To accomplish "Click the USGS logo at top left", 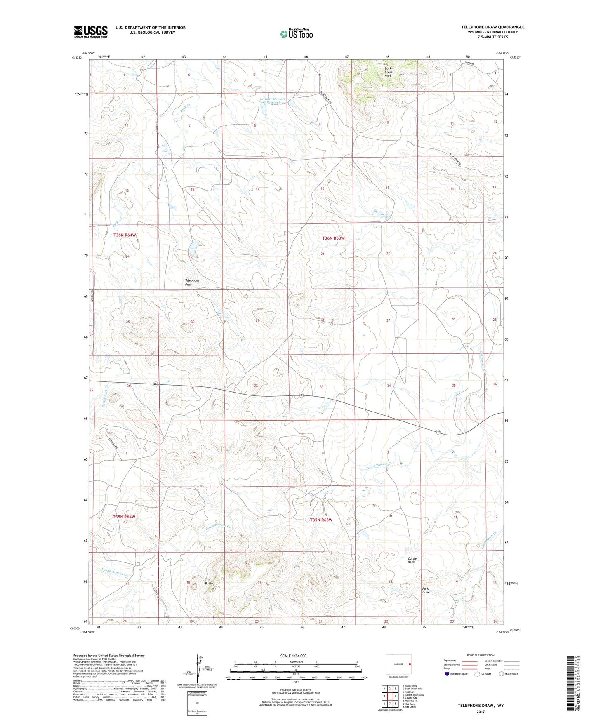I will coord(91,31).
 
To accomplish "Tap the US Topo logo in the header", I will coord(296,34).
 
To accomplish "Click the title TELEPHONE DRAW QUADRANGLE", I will coord(492,27).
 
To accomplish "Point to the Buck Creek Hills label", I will coord(388,72).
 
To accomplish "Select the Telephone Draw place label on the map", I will coord(192,282).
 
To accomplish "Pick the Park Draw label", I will coord(426,590).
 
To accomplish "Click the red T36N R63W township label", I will coord(333,238).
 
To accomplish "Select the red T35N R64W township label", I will coord(124,517).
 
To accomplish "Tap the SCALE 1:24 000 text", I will coord(293,656).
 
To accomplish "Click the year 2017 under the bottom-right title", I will coord(481,712).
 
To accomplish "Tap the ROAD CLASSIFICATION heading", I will coord(481,655).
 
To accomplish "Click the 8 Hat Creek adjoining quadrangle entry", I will coord(409,707).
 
